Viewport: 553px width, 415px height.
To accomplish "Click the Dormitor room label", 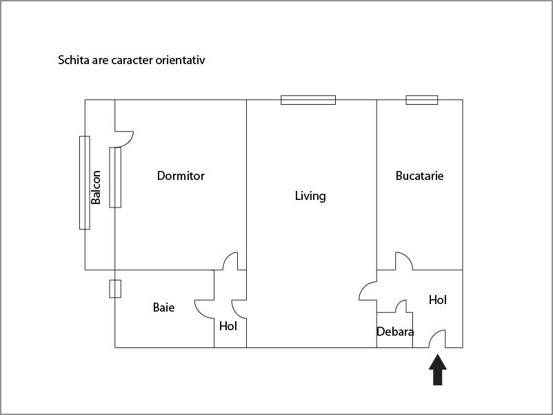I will pyautogui.click(x=181, y=176).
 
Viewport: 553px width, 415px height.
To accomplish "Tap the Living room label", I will pyautogui.click(x=310, y=196).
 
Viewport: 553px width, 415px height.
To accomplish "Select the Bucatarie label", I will pyautogui.click(x=419, y=176).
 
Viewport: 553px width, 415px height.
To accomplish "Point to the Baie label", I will pyautogui.click(x=163, y=307).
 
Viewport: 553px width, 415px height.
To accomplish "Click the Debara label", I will pyautogui.click(x=395, y=332).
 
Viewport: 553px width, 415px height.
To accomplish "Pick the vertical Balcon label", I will pyautogui.click(x=97, y=187).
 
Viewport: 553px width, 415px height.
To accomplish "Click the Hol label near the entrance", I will pyautogui.click(x=438, y=300).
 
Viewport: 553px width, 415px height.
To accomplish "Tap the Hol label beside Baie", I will pyautogui.click(x=228, y=326).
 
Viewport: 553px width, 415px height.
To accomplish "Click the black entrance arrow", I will pyautogui.click(x=438, y=370).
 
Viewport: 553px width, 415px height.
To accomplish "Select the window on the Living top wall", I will pyautogui.click(x=308, y=100).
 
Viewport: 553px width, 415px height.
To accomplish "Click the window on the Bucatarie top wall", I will pyautogui.click(x=421, y=100).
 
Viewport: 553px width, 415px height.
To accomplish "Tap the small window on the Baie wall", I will pyautogui.click(x=115, y=288).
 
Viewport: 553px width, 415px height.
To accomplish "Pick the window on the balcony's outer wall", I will pyautogui.click(x=84, y=183).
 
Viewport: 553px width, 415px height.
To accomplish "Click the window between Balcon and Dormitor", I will pyautogui.click(x=115, y=177).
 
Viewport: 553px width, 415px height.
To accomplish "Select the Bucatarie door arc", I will pyautogui.click(x=403, y=261).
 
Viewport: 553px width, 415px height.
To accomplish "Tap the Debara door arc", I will pyautogui.click(x=401, y=306).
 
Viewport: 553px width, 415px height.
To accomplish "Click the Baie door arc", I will pyautogui.click(x=205, y=309).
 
